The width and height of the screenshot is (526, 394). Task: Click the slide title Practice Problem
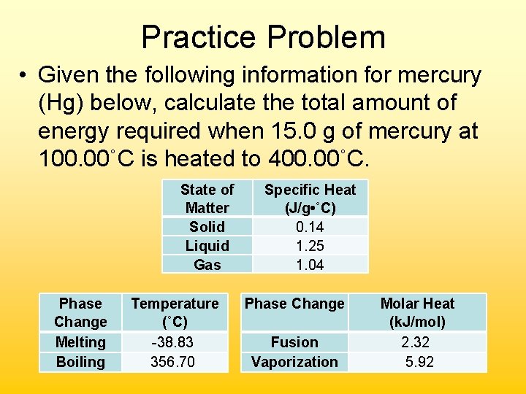[263, 36]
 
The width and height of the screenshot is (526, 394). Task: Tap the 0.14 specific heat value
[310, 227]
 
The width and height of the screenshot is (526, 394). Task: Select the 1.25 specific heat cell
[310, 246]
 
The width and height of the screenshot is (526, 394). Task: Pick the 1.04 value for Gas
[310, 265]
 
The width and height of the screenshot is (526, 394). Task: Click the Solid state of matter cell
[207, 227]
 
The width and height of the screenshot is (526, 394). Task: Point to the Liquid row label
[207, 246]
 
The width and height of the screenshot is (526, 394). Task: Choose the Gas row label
[207, 265]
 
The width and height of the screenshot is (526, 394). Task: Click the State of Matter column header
[207, 198]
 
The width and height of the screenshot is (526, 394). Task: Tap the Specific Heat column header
[310, 198]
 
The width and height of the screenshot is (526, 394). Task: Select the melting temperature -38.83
[175, 342]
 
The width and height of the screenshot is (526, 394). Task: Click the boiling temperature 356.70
[175, 362]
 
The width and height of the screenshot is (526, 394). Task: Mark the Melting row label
[80, 342]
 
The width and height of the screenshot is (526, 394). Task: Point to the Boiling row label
[80, 362]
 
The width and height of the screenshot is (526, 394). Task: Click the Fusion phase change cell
[294, 342]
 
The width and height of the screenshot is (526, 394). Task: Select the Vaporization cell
[294, 362]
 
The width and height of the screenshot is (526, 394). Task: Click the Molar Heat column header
[417, 312]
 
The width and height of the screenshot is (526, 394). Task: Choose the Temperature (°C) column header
[175, 312]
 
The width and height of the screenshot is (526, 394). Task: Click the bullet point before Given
[24, 75]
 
